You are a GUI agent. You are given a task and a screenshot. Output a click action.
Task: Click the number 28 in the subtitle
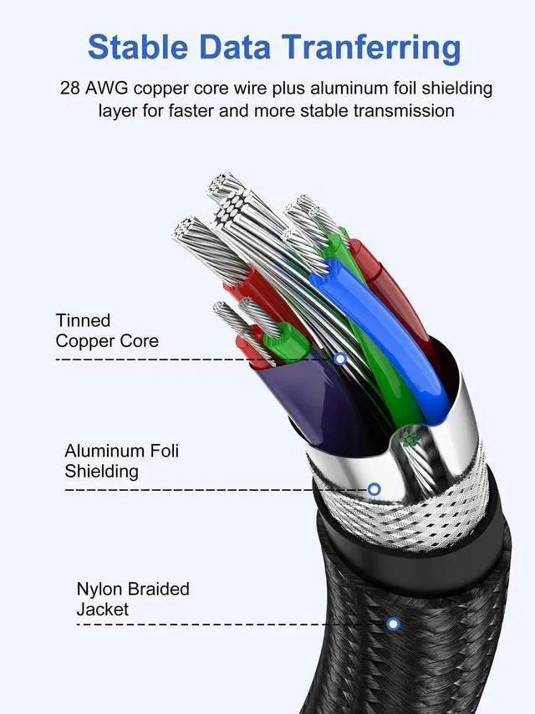[x=69, y=88]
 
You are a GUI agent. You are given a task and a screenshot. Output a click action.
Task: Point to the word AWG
[x=106, y=88]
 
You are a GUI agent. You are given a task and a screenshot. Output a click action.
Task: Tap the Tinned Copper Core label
[x=106, y=330]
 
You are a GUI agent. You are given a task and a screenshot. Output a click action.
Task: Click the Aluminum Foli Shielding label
[x=121, y=461]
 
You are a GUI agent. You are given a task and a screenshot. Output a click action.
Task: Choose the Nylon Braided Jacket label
[x=132, y=599]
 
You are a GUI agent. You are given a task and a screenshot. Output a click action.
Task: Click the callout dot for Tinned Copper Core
[x=339, y=359]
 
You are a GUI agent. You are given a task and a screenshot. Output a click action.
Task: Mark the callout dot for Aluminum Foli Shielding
[x=374, y=488]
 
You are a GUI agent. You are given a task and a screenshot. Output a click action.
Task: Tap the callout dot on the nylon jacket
[x=392, y=623]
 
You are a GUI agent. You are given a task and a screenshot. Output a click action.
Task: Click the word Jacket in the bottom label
[x=103, y=609]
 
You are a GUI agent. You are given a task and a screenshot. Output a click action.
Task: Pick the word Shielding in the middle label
[x=101, y=472]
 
